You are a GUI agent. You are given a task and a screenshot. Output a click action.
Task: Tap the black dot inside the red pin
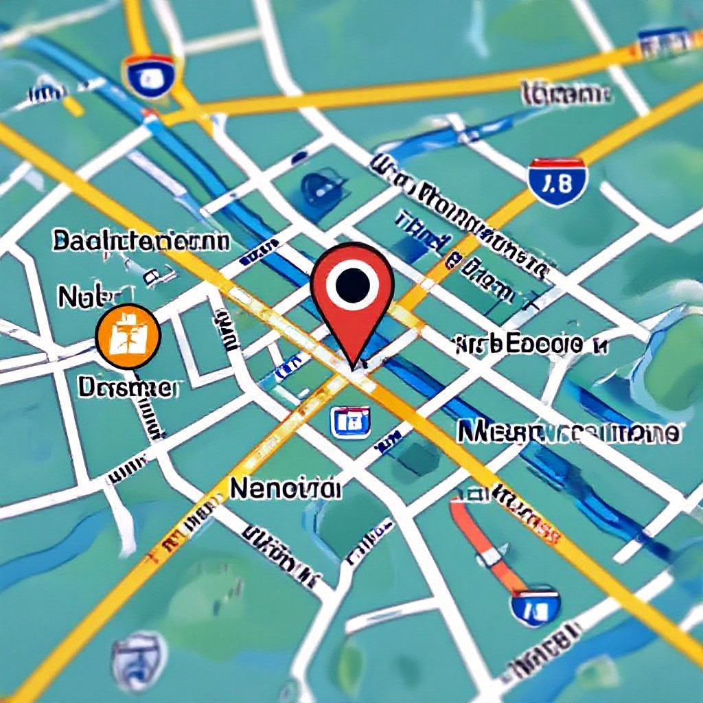click(352, 281)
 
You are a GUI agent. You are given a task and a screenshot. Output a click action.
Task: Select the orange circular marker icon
click(128, 337)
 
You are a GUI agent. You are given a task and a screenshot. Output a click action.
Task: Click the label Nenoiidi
click(285, 488)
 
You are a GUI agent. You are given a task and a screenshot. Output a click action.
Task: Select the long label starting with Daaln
click(141, 242)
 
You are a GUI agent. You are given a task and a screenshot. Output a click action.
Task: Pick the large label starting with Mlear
click(568, 433)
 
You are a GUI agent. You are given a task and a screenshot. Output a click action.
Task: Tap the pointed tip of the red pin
click(353, 365)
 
